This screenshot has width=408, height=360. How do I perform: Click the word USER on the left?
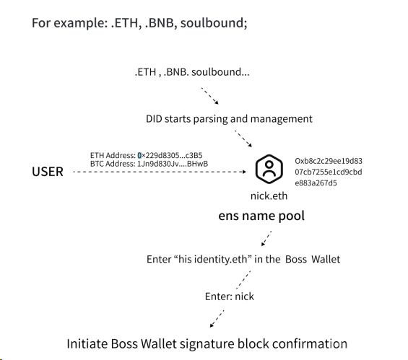pyautogui.click(x=48, y=172)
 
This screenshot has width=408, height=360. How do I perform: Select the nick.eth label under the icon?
pyautogui.click(x=269, y=196)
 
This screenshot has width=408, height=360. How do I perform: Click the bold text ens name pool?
pyautogui.click(x=261, y=216)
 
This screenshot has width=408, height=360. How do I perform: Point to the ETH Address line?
pyautogui.click(x=147, y=155)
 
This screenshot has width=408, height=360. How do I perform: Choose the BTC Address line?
pyautogui.click(x=149, y=164)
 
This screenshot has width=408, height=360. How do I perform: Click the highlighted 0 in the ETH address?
pyautogui.click(x=139, y=155)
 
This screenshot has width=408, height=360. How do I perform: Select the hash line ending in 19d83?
pyautogui.click(x=329, y=161)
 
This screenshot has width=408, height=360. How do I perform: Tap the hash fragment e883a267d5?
pyautogui.click(x=316, y=183)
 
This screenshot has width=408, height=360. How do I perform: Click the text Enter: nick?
pyautogui.click(x=230, y=297)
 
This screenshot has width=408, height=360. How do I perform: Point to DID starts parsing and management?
pyautogui.click(x=229, y=119)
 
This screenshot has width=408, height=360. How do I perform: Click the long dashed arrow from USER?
pyautogui.click(x=160, y=172)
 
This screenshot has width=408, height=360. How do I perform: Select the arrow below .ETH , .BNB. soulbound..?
pyautogui.click(x=209, y=96)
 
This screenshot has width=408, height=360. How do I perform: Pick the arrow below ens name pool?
pyautogui.click(x=266, y=238)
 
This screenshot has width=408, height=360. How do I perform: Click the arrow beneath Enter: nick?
pyautogui.click(x=217, y=318)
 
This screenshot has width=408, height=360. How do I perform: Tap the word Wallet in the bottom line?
pyautogui.click(x=159, y=343)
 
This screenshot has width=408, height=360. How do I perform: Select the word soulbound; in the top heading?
pyautogui.click(x=214, y=23)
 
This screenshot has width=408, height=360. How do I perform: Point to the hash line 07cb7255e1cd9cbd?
pyautogui.click(x=329, y=172)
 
